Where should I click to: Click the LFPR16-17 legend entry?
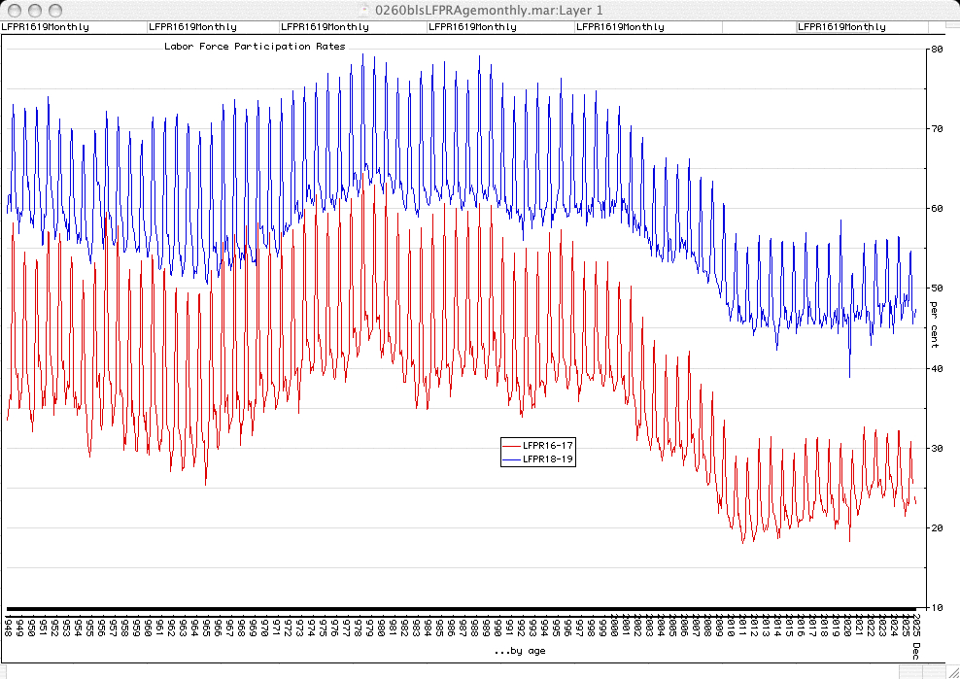pyautogui.click(x=548, y=444)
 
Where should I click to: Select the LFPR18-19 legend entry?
pyautogui.click(x=548, y=459)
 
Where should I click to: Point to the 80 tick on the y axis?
pyautogui.click(x=937, y=49)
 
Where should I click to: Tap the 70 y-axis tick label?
pyautogui.click(x=937, y=128)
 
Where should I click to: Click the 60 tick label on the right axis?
pyautogui.click(x=937, y=208)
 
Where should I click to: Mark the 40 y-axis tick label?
pyautogui.click(x=937, y=368)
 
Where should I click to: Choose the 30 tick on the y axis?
pyautogui.click(x=937, y=448)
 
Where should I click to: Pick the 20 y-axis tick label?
pyautogui.click(x=937, y=527)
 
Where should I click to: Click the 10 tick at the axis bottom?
pyautogui.click(x=937, y=608)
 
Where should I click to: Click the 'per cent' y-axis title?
pyautogui.click(x=934, y=324)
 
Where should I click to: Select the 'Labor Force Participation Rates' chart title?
pyautogui.click(x=255, y=46)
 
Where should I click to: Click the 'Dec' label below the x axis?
pyautogui.click(x=916, y=652)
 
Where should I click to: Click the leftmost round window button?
pyautogui.click(x=12, y=9)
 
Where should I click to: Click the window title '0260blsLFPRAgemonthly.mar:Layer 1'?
pyautogui.click(x=480, y=9)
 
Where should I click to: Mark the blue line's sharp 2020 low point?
pyautogui.click(x=849, y=377)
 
